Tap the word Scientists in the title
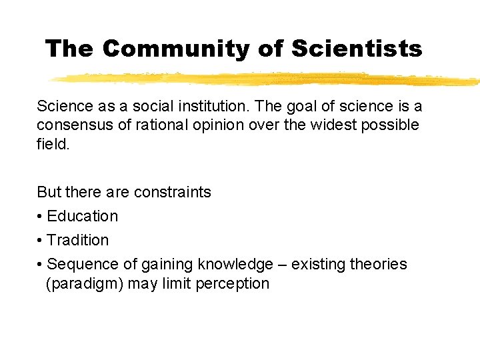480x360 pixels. point(357,48)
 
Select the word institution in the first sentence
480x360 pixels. point(208,107)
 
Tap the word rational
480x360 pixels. point(159,125)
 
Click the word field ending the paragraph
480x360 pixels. point(51,144)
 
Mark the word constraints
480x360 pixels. point(172,193)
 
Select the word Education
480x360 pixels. point(83,217)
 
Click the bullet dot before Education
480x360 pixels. point(40,217)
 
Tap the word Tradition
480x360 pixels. point(78,241)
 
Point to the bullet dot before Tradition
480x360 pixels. point(40,241)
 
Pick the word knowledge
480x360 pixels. point(235,265)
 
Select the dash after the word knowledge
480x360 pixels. point(285,265)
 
